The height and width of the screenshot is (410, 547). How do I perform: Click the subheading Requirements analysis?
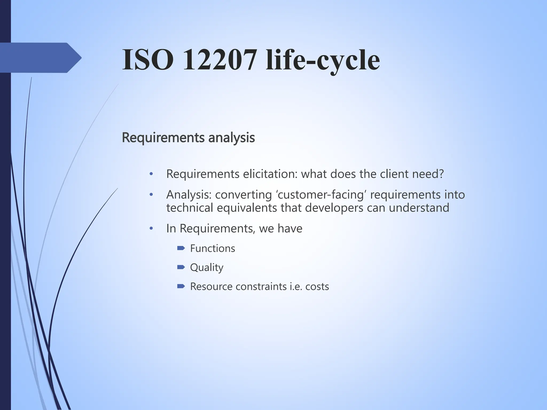pyautogui.click(x=188, y=138)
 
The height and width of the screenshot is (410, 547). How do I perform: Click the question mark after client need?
pyautogui.click(x=441, y=174)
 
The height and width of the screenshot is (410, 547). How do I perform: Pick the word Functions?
pyautogui.click(x=213, y=249)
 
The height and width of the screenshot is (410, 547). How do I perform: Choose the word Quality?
pyautogui.click(x=206, y=267)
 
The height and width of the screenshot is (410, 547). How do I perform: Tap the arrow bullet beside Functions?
pyautogui.click(x=181, y=249)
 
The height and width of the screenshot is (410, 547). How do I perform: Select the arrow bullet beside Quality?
pyautogui.click(x=181, y=267)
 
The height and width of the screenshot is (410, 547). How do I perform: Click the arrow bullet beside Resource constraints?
pyautogui.click(x=181, y=286)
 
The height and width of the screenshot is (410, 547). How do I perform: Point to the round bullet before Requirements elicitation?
pyautogui.click(x=151, y=174)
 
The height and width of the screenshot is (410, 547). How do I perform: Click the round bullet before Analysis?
pyautogui.click(x=151, y=195)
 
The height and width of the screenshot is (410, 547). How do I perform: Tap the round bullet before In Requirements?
pyautogui.click(x=151, y=228)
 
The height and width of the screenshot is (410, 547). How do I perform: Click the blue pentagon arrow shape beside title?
pyautogui.click(x=40, y=58)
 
